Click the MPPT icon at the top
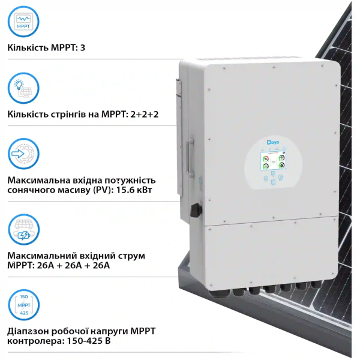tap(24, 22)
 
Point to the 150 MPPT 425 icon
tap(24, 305)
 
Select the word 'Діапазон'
tap(29, 331)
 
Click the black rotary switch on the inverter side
tap(194, 211)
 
